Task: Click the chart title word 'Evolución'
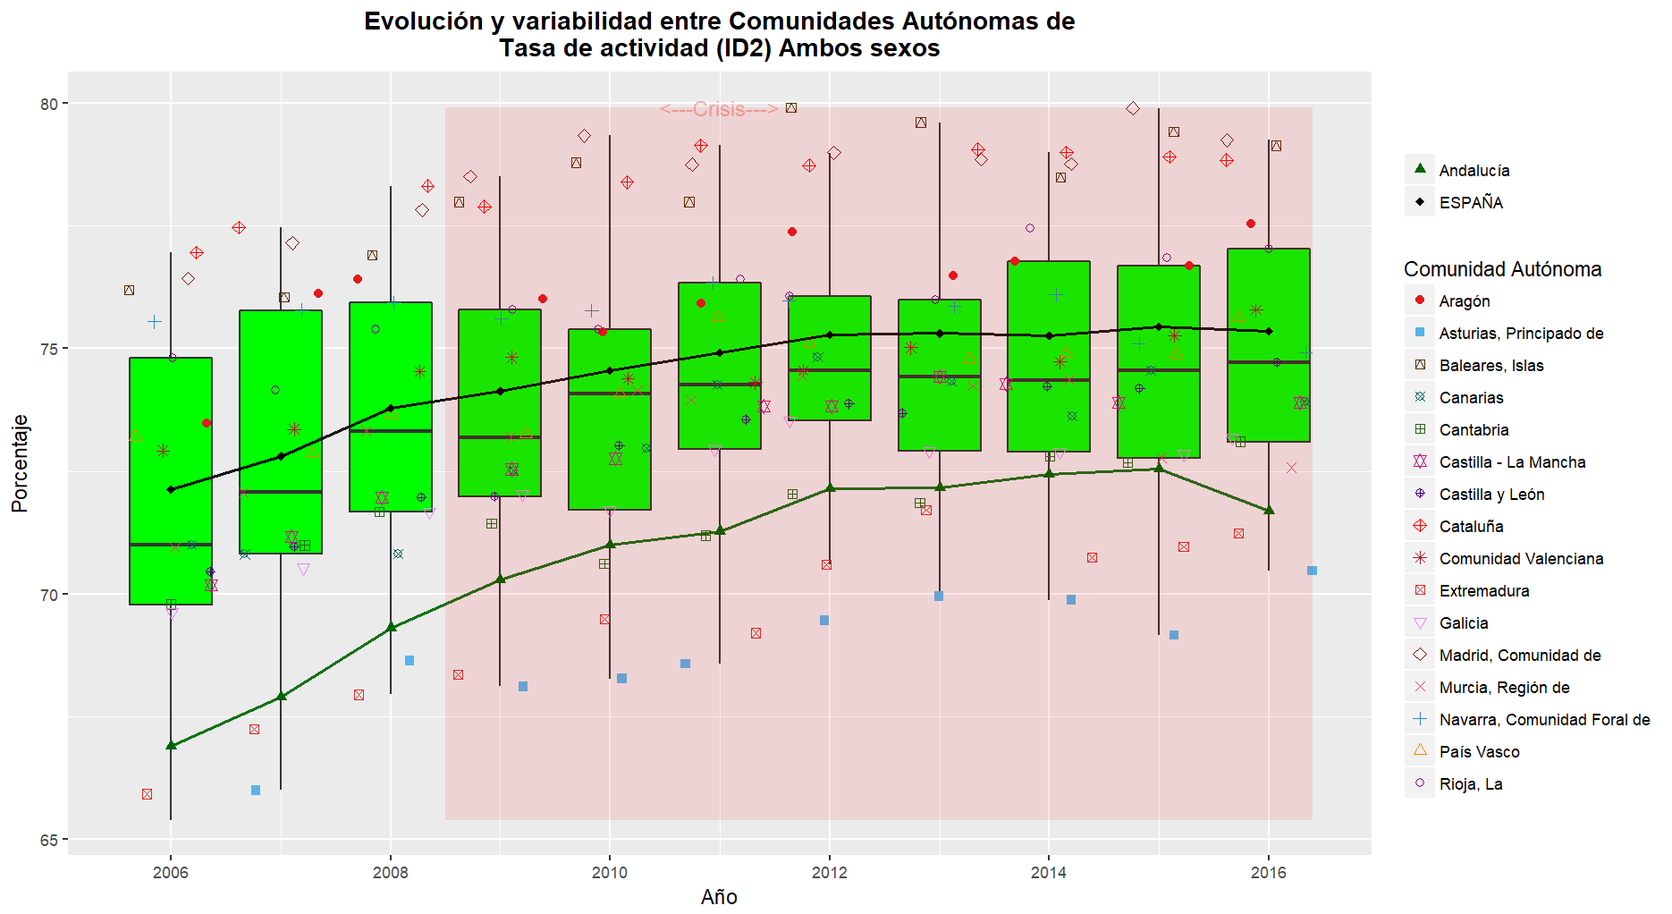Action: coord(423,21)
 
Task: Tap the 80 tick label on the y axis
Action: coord(48,104)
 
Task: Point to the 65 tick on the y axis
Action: coord(48,840)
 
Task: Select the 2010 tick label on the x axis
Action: coord(610,873)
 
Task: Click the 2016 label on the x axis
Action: coord(1268,873)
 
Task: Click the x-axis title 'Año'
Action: coord(719,897)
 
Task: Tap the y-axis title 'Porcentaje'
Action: coord(20,463)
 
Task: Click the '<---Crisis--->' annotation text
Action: coord(719,109)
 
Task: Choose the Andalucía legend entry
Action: coord(1474,171)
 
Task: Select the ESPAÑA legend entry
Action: coord(1471,203)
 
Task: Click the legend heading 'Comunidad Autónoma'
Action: coord(1502,269)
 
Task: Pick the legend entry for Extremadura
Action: coord(1483,591)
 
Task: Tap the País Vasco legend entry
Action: coord(1479,752)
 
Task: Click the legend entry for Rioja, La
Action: coord(1470,784)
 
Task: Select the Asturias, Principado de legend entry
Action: coord(1520,334)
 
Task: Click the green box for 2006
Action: coord(171,447)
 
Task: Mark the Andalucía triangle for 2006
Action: coord(171,745)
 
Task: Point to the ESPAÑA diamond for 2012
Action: coord(830,334)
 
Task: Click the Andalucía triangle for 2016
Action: coord(1269,510)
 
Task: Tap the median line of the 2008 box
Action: coord(391,431)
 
